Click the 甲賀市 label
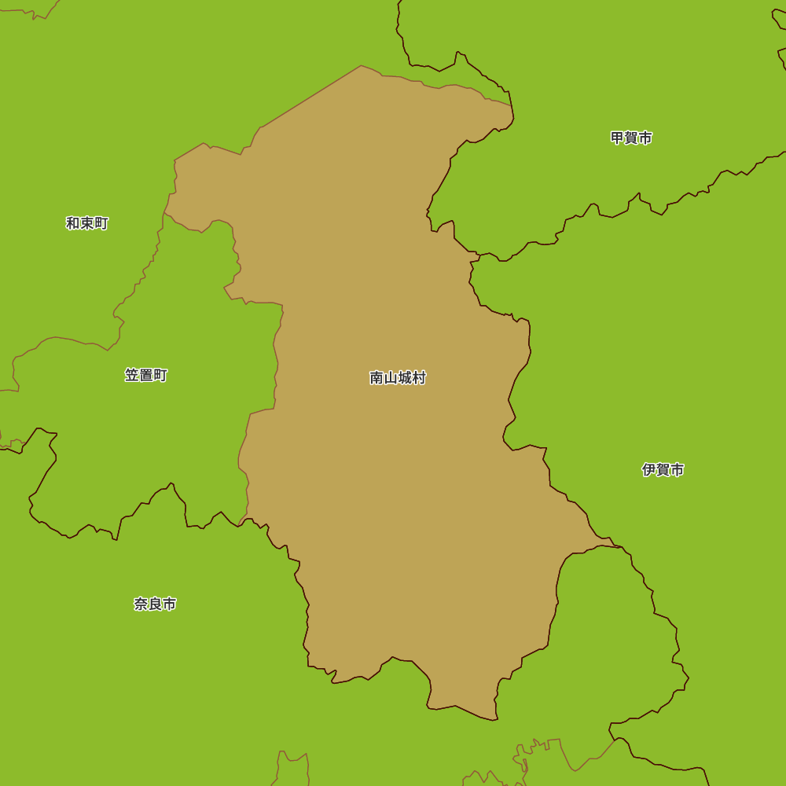pyautogui.click(x=631, y=138)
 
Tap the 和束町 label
pyautogui.click(x=87, y=223)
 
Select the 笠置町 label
pyautogui.click(x=146, y=375)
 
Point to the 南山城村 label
pyautogui.click(x=398, y=378)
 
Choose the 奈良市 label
pyautogui.click(x=155, y=604)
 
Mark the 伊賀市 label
pyautogui.click(x=663, y=470)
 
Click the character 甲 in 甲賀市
pyautogui.click(x=617, y=138)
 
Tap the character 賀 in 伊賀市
pyautogui.click(x=663, y=470)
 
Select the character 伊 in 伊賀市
pyautogui.click(x=648, y=470)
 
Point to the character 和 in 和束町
pyautogui.click(x=73, y=223)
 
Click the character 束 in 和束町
pyautogui.click(x=87, y=223)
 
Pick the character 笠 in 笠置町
pyautogui.click(x=132, y=375)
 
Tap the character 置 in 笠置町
pyautogui.click(x=146, y=375)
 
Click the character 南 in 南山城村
pyautogui.click(x=376, y=378)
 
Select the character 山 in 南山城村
pyautogui.click(x=391, y=378)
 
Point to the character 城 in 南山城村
pyautogui.click(x=405, y=378)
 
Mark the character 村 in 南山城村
pyautogui.click(x=419, y=378)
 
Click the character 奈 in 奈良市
pyautogui.click(x=141, y=604)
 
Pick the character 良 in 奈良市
pyautogui.click(x=155, y=604)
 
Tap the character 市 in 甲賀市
pyautogui.click(x=645, y=138)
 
